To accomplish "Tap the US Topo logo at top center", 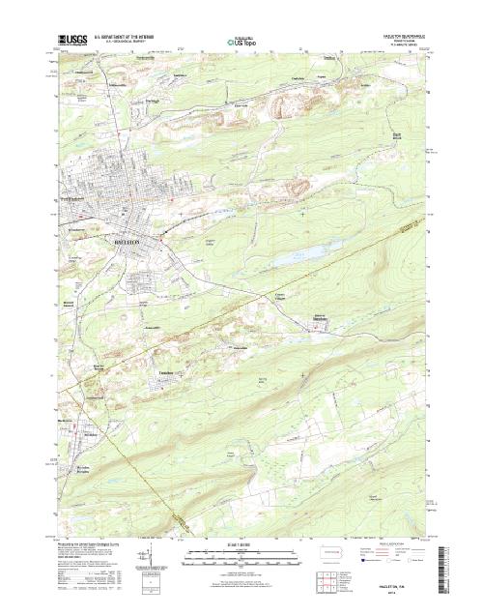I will coord(241,42).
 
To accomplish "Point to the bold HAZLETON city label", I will coord(130,235).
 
